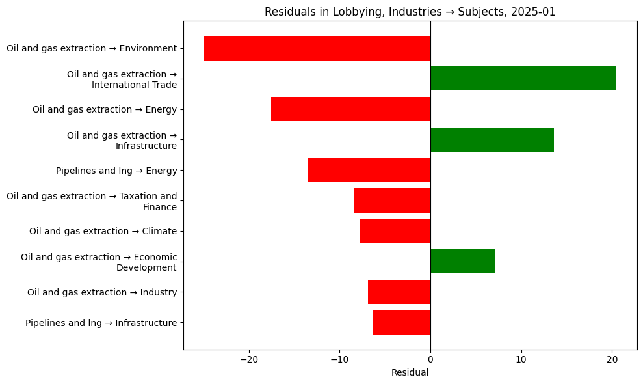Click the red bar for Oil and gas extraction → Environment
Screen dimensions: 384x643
[x=317, y=48]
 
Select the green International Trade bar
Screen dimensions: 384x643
[x=523, y=79]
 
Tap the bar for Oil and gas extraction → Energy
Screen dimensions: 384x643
[x=350, y=109]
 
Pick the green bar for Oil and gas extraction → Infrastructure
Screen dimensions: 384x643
[x=492, y=140]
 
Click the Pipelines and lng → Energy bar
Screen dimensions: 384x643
[x=369, y=170]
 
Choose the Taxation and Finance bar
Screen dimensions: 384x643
[x=392, y=200]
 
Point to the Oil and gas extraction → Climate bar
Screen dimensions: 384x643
[x=395, y=231]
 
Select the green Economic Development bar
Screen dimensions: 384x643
[x=463, y=262]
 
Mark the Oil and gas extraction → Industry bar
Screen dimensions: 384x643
[x=399, y=292]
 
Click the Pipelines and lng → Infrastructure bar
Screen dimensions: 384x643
[x=401, y=322]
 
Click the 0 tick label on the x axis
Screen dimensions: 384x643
[x=430, y=360]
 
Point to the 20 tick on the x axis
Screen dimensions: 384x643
[x=612, y=360]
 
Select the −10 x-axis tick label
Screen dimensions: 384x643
[x=339, y=360]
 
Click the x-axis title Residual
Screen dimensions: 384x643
[x=410, y=373]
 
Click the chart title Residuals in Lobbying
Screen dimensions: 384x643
[x=410, y=12]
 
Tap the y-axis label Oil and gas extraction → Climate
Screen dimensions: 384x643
[x=103, y=231]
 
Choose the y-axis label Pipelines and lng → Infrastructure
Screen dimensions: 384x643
[x=101, y=323]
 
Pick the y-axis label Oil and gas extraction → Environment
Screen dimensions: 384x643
[x=92, y=48]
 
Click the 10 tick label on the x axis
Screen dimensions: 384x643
[x=521, y=360]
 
